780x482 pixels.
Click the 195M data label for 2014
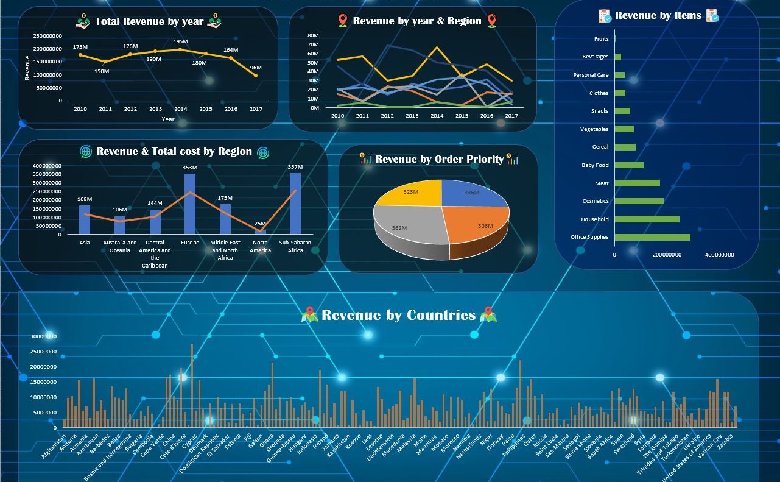180,41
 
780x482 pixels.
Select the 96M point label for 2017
256,68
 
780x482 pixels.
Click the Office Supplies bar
652,237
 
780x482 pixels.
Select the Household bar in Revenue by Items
647,219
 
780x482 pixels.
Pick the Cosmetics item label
595,201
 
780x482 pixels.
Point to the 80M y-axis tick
314,35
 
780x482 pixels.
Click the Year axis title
168,119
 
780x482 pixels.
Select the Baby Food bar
629,165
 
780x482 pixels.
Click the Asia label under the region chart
85,243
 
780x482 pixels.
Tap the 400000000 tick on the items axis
719,255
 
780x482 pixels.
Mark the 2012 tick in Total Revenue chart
130,109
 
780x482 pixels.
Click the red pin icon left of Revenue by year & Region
342,21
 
